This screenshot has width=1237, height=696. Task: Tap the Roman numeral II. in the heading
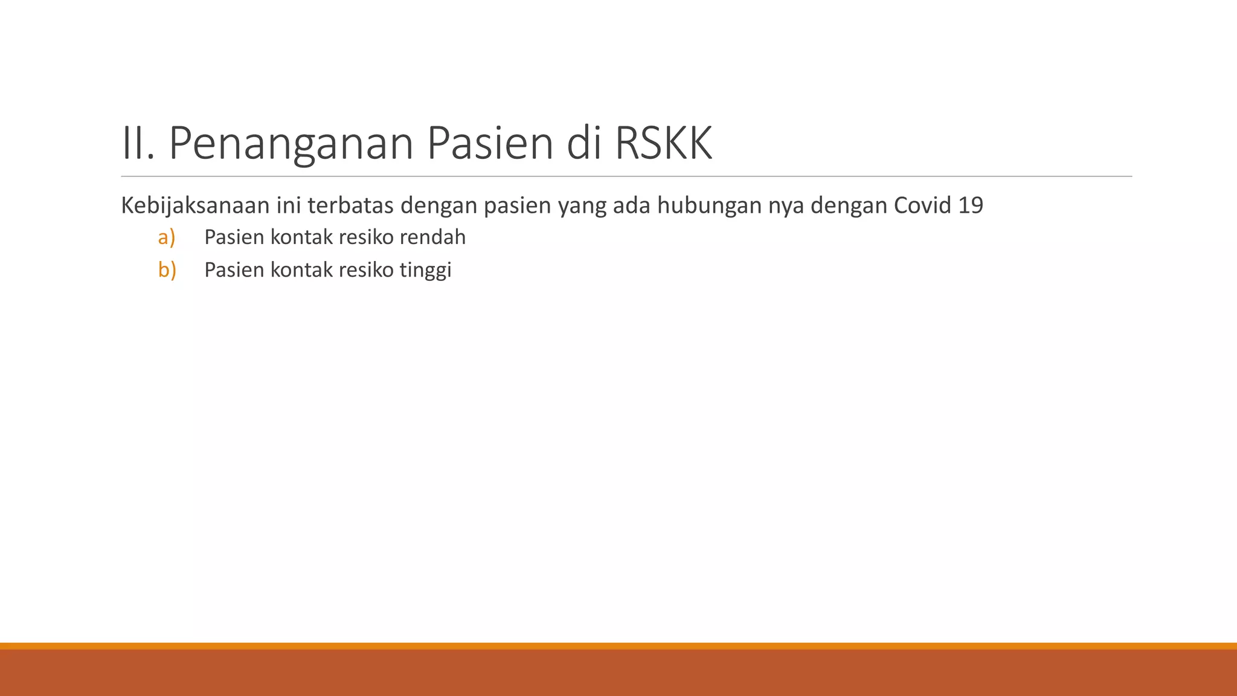138,144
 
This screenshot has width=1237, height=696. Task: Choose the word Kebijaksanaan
194,206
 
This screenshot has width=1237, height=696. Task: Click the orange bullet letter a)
167,237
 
